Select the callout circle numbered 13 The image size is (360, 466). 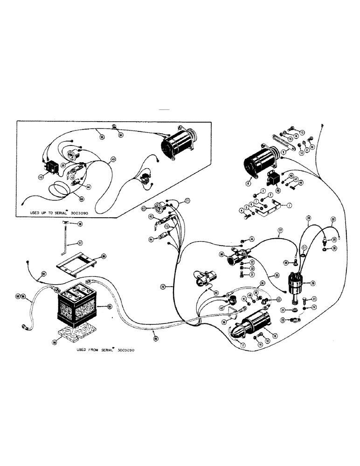[302, 132]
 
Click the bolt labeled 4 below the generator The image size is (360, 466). [247, 216]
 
